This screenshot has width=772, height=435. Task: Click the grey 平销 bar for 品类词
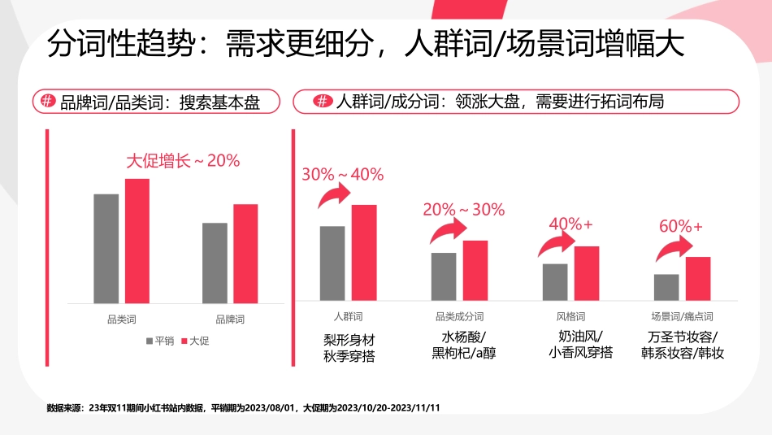point(106,249)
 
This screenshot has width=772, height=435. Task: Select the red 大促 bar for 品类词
point(137,241)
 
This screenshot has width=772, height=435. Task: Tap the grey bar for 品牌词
point(215,263)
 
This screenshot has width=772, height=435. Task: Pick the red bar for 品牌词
point(245,254)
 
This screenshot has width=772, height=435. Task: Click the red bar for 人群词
point(364,252)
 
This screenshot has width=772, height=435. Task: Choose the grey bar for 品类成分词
point(444,276)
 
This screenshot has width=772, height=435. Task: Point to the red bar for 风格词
point(586,273)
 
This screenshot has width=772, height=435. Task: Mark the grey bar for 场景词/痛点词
point(666,287)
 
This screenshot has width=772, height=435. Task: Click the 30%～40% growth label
point(342,174)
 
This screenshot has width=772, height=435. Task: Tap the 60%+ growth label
point(680,226)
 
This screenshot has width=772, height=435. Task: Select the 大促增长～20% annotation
point(183,160)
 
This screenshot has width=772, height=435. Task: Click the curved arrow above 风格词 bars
point(557,244)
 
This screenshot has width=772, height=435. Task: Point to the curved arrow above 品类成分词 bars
point(445,232)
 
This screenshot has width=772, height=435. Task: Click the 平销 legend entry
point(159,341)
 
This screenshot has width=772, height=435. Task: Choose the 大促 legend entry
point(195,341)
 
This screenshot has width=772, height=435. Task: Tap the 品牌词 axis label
point(230,319)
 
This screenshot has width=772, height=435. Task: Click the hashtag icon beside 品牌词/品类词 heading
point(48,102)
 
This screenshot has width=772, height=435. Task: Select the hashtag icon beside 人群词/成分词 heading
point(323,102)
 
